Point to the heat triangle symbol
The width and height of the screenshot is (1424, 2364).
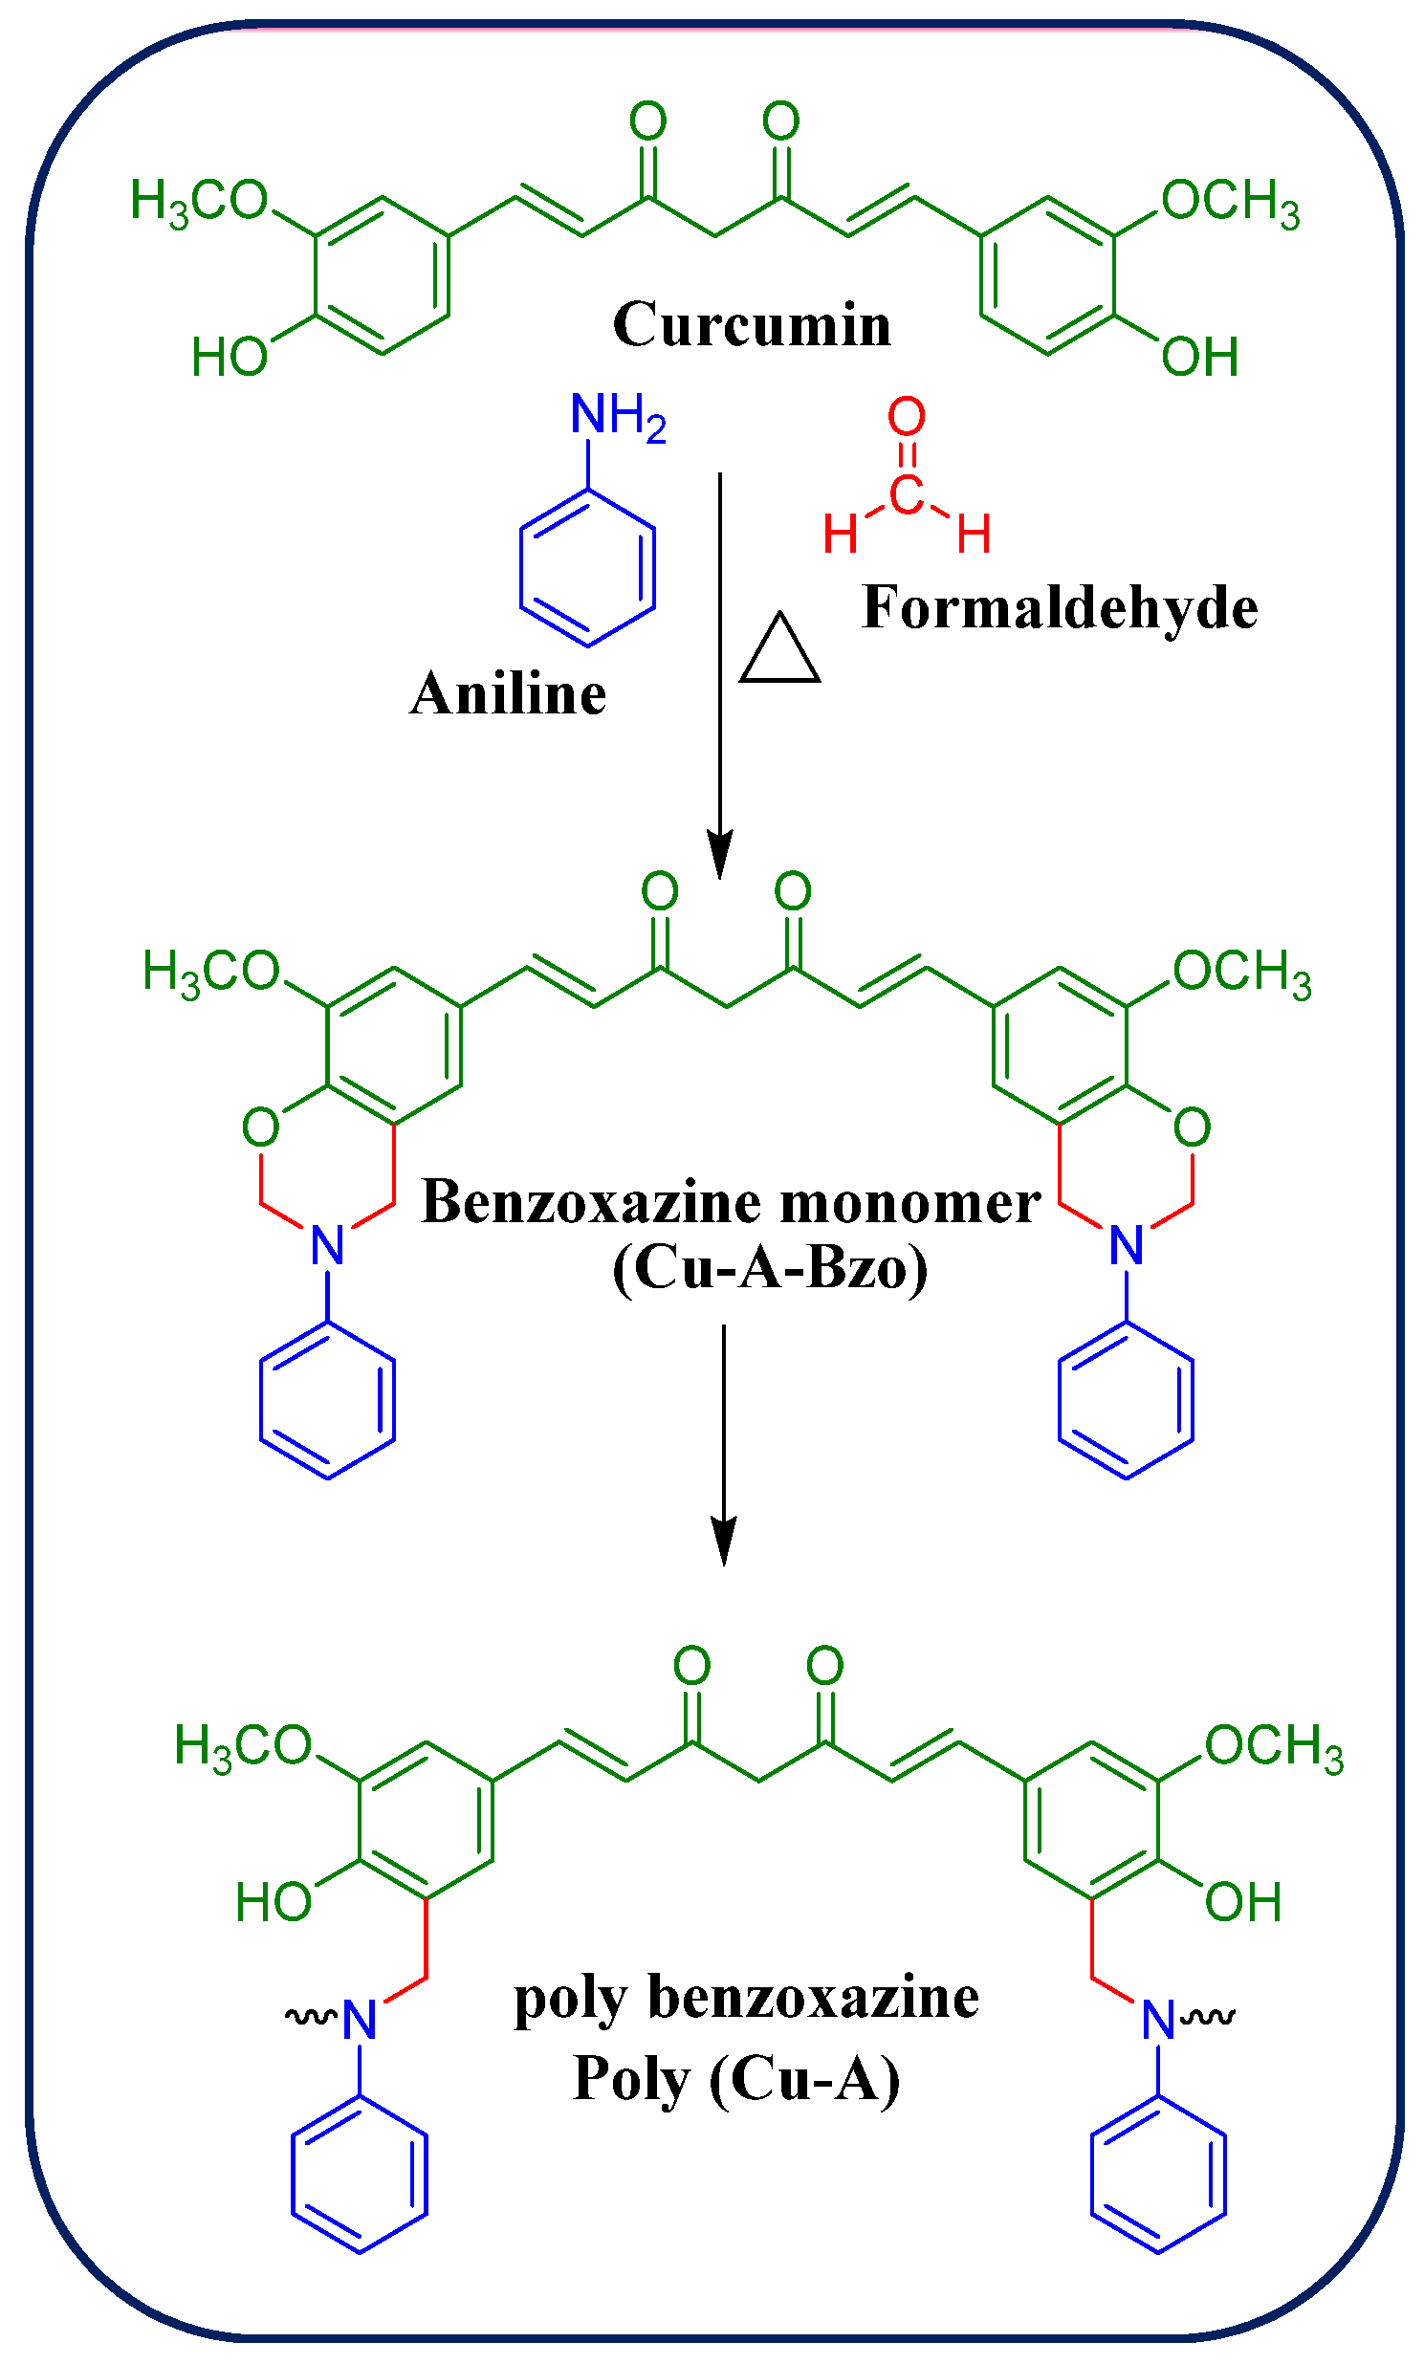click(x=779, y=651)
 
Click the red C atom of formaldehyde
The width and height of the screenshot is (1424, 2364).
click(x=906, y=495)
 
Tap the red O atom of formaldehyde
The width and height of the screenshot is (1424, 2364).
click(x=906, y=416)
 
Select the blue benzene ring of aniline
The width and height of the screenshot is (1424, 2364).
click(x=587, y=567)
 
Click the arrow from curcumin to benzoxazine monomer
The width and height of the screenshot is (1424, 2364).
click(x=720, y=671)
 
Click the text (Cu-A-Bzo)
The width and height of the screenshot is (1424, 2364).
click(x=771, y=1268)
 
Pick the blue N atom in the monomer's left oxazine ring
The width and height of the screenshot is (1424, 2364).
click(x=327, y=1245)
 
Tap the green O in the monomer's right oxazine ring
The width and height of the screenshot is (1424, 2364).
click(x=1192, y=1127)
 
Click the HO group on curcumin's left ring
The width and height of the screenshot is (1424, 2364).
click(x=230, y=357)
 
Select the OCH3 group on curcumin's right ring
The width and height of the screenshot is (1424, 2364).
click(x=1230, y=202)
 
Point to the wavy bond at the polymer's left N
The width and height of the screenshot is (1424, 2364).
click(x=310, y=2017)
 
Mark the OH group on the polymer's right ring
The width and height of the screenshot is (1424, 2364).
click(x=1242, y=1900)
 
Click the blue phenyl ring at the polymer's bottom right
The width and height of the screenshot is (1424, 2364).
click(x=1158, y=2174)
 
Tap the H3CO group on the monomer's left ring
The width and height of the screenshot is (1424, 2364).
click(x=211, y=971)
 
